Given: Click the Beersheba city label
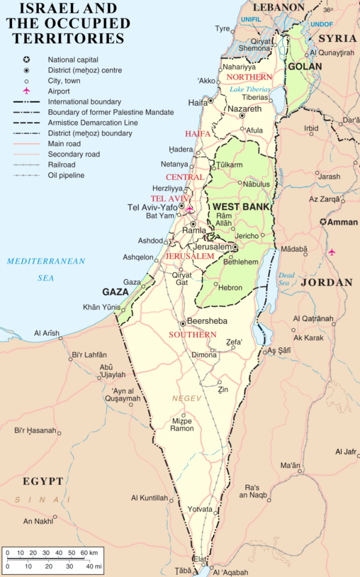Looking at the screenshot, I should click(207, 321).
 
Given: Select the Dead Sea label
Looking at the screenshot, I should click(286, 279).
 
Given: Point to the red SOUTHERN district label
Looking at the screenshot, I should click(193, 334).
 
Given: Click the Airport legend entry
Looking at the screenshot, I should click(59, 91).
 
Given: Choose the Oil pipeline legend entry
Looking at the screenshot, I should click(66, 175).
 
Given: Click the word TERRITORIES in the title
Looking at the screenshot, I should click(65, 38).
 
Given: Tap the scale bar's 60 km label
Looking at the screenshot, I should click(89, 552).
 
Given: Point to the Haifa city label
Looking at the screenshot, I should click(197, 103).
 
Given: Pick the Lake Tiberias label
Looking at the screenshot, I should click(250, 89).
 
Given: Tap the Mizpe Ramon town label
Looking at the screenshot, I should click(182, 424).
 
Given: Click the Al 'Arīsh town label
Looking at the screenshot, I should click(47, 333).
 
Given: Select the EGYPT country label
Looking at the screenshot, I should click(43, 481).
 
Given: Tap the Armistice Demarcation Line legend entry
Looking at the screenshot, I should click(94, 122).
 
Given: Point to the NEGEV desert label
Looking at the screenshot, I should click(185, 398).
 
